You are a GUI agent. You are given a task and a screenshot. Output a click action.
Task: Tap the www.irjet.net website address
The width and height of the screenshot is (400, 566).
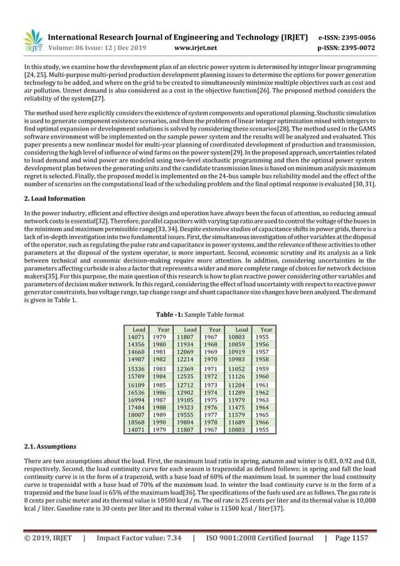196,47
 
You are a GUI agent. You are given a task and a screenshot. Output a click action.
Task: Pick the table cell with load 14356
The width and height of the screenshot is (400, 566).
136,344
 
